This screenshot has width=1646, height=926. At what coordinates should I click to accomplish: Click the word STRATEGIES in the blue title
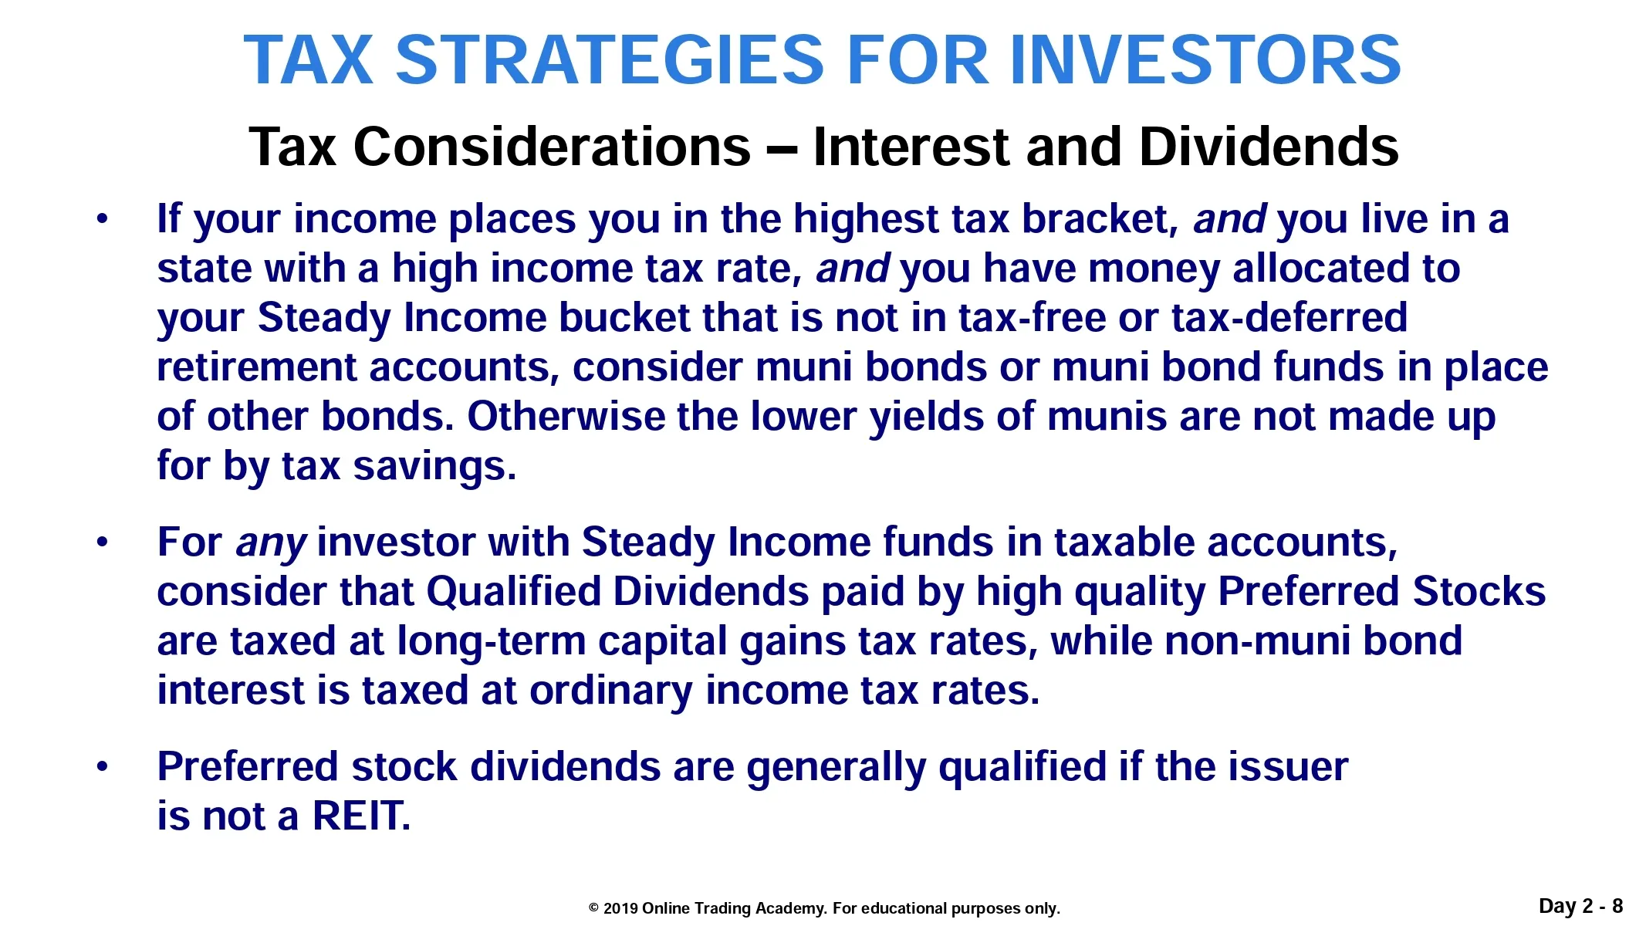(x=610, y=59)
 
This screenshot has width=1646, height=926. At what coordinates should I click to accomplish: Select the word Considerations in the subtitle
(x=553, y=146)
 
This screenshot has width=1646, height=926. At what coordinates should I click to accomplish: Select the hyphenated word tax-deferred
(x=1289, y=318)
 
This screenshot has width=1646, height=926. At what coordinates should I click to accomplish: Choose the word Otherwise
(x=566, y=417)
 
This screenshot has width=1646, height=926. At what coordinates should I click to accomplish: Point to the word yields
(x=926, y=418)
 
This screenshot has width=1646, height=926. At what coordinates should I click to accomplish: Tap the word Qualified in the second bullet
(x=513, y=592)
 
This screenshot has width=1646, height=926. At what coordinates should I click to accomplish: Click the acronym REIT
(x=361, y=816)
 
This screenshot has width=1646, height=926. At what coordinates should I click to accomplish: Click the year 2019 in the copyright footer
(x=620, y=908)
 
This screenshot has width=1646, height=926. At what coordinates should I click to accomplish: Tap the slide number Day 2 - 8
(x=1581, y=906)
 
